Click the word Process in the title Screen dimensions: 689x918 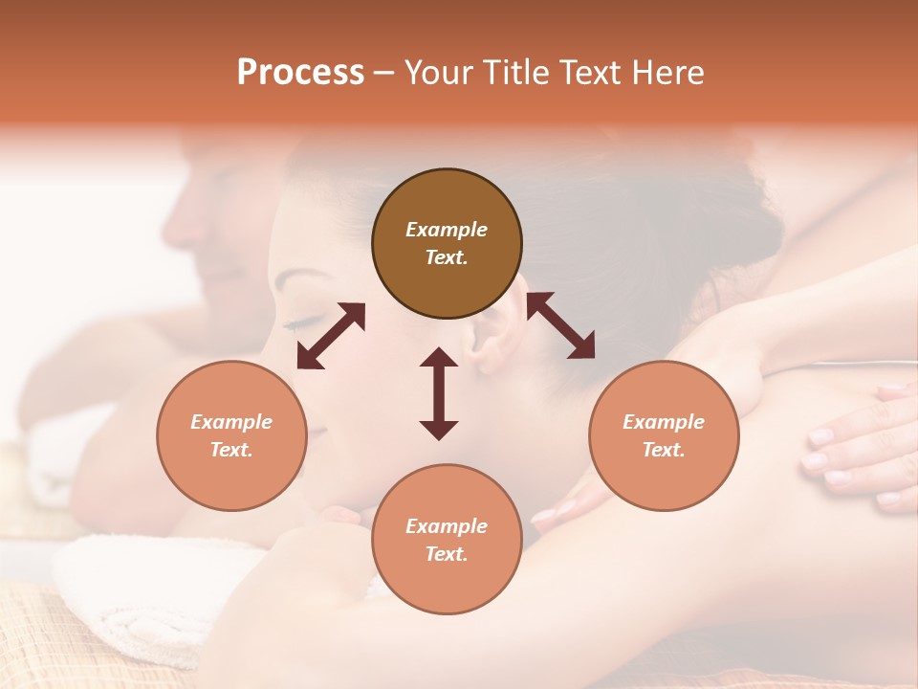[300, 73]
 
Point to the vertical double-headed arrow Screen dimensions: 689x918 [439, 393]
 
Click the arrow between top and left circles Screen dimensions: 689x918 [331, 335]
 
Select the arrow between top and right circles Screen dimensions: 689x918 [560, 325]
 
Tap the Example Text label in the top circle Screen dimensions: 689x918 [447, 243]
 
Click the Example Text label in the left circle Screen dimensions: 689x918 [231, 435]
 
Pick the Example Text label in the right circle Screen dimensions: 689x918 [664, 435]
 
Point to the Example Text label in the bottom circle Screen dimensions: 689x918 [447, 540]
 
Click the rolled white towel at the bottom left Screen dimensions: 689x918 [143, 593]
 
